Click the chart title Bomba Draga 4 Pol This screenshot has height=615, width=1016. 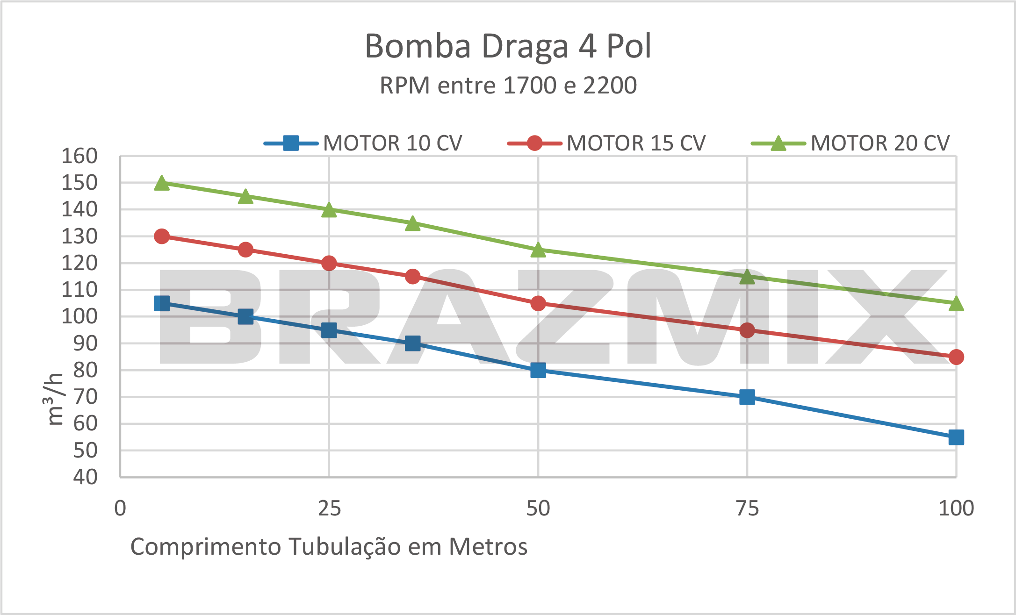pos(508,46)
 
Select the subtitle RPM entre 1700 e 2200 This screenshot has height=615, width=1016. pos(508,86)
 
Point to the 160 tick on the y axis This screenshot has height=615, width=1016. pos(79,156)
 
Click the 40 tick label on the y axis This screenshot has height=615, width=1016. pos(85,477)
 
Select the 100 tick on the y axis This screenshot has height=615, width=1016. pos(79,317)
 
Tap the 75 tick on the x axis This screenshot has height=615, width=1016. pos(747,508)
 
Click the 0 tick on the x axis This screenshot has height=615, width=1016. pos(120,508)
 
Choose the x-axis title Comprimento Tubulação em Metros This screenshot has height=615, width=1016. pos(329,547)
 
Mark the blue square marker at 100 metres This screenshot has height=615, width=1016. pos(956,437)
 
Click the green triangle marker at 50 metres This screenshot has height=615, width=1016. pos(538,250)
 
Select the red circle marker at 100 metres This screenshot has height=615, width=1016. pos(956,357)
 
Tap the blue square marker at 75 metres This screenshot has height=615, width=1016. pos(747,397)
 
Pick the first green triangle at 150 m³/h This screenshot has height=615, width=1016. pos(162,183)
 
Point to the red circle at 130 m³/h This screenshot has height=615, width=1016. pos(162,236)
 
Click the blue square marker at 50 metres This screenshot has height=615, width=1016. pos(538,371)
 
